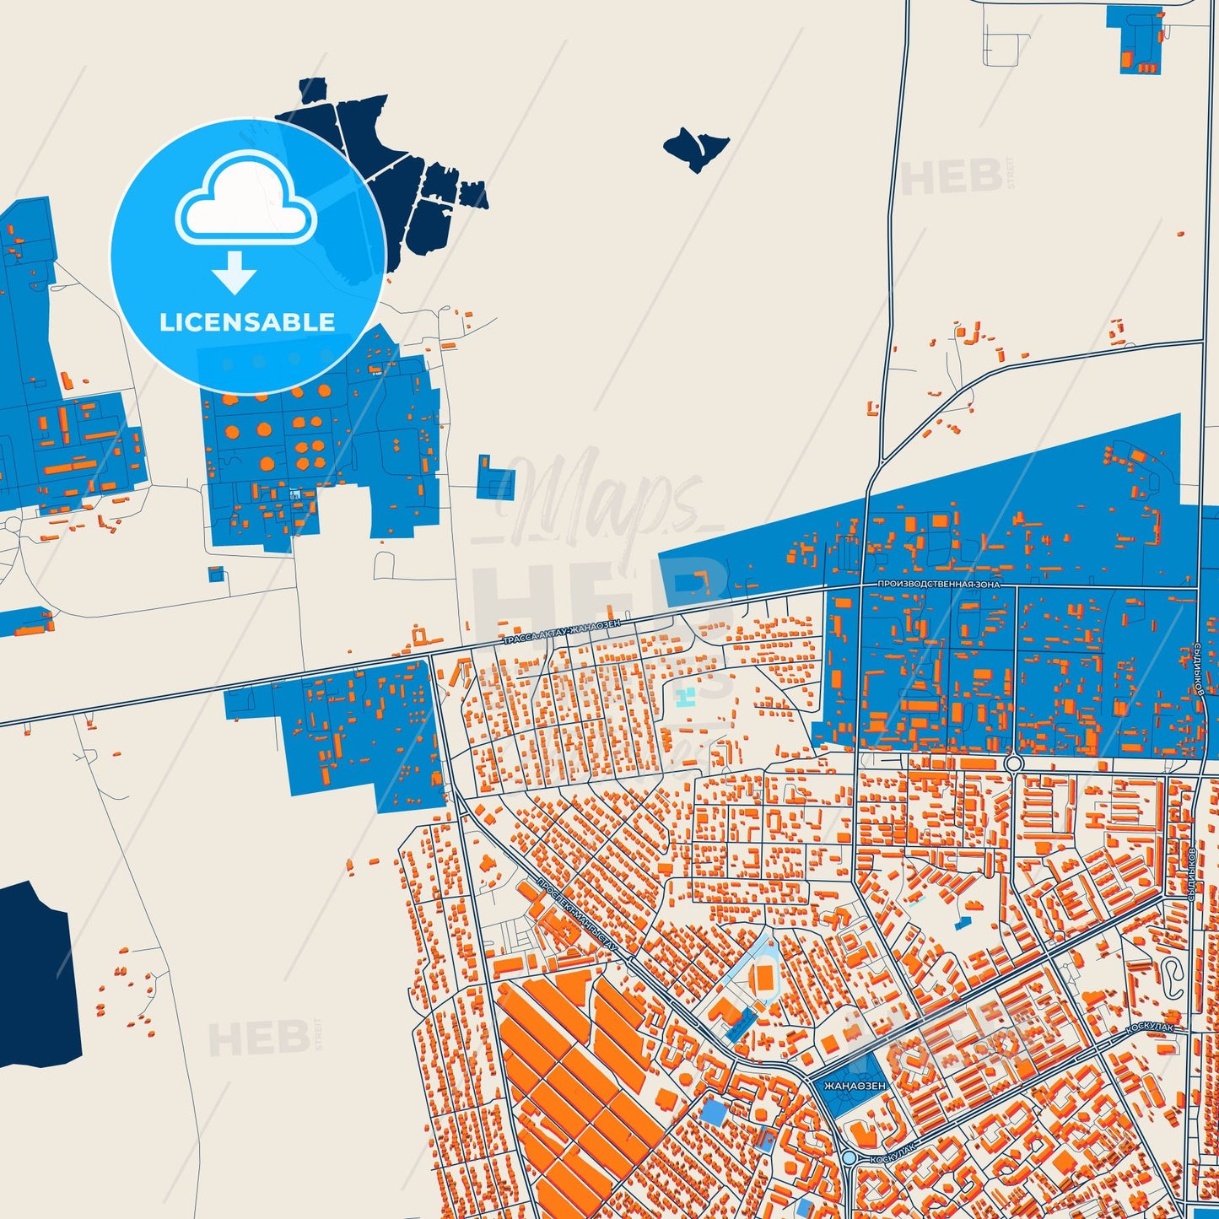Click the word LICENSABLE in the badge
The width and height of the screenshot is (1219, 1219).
click(x=247, y=322)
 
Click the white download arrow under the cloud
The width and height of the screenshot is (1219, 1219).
click(x=234, y=272)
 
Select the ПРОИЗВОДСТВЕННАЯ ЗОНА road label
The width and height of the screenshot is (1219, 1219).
click(x=938, y=584)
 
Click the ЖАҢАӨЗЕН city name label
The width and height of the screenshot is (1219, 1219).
click(x=855, y=1086)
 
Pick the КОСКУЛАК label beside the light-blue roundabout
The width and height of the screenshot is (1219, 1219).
click(x=893, y=1153)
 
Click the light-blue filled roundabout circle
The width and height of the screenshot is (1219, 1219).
click(x=849, y=1159)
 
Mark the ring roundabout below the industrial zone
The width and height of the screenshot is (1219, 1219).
click(x=1013, y=763)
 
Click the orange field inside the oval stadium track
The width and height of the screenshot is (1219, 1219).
click(x=765, y=979)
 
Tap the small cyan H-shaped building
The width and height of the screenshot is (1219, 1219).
click(x=686, y=698)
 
